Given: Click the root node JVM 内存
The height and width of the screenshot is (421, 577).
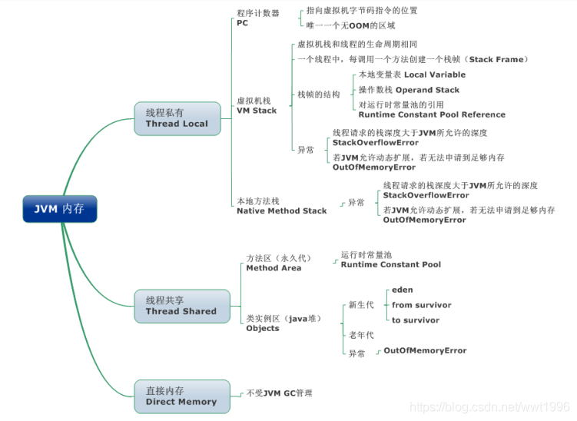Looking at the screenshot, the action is click(60, 209).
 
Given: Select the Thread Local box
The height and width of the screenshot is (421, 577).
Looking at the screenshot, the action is click(177, 118).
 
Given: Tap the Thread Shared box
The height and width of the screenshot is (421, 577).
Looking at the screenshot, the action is click(182, 307).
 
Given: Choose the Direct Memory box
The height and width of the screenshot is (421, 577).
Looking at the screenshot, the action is click(182, 396).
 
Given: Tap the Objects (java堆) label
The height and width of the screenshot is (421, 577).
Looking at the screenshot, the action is click(284, 323).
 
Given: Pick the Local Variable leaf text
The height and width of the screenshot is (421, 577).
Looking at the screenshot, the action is click(412, 75).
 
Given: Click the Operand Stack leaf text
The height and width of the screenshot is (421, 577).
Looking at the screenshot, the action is click(409, 90).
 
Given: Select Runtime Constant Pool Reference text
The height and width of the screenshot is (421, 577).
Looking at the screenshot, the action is click(432, 110).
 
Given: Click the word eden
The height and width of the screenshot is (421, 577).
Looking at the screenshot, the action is click(402, 290).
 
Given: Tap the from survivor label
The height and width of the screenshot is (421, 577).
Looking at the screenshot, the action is click(421, 305).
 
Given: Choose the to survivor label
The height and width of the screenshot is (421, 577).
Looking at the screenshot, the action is click(416, 320).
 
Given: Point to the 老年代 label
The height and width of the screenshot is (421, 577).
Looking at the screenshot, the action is click(361, 335).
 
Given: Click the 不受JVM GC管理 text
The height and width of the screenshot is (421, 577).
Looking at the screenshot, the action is click(280, 393).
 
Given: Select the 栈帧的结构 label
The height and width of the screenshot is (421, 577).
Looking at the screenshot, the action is click(319, 94).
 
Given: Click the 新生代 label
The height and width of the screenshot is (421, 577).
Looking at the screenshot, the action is click(361, 305).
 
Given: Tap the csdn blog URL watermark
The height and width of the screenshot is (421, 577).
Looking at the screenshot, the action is click(489, 406).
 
